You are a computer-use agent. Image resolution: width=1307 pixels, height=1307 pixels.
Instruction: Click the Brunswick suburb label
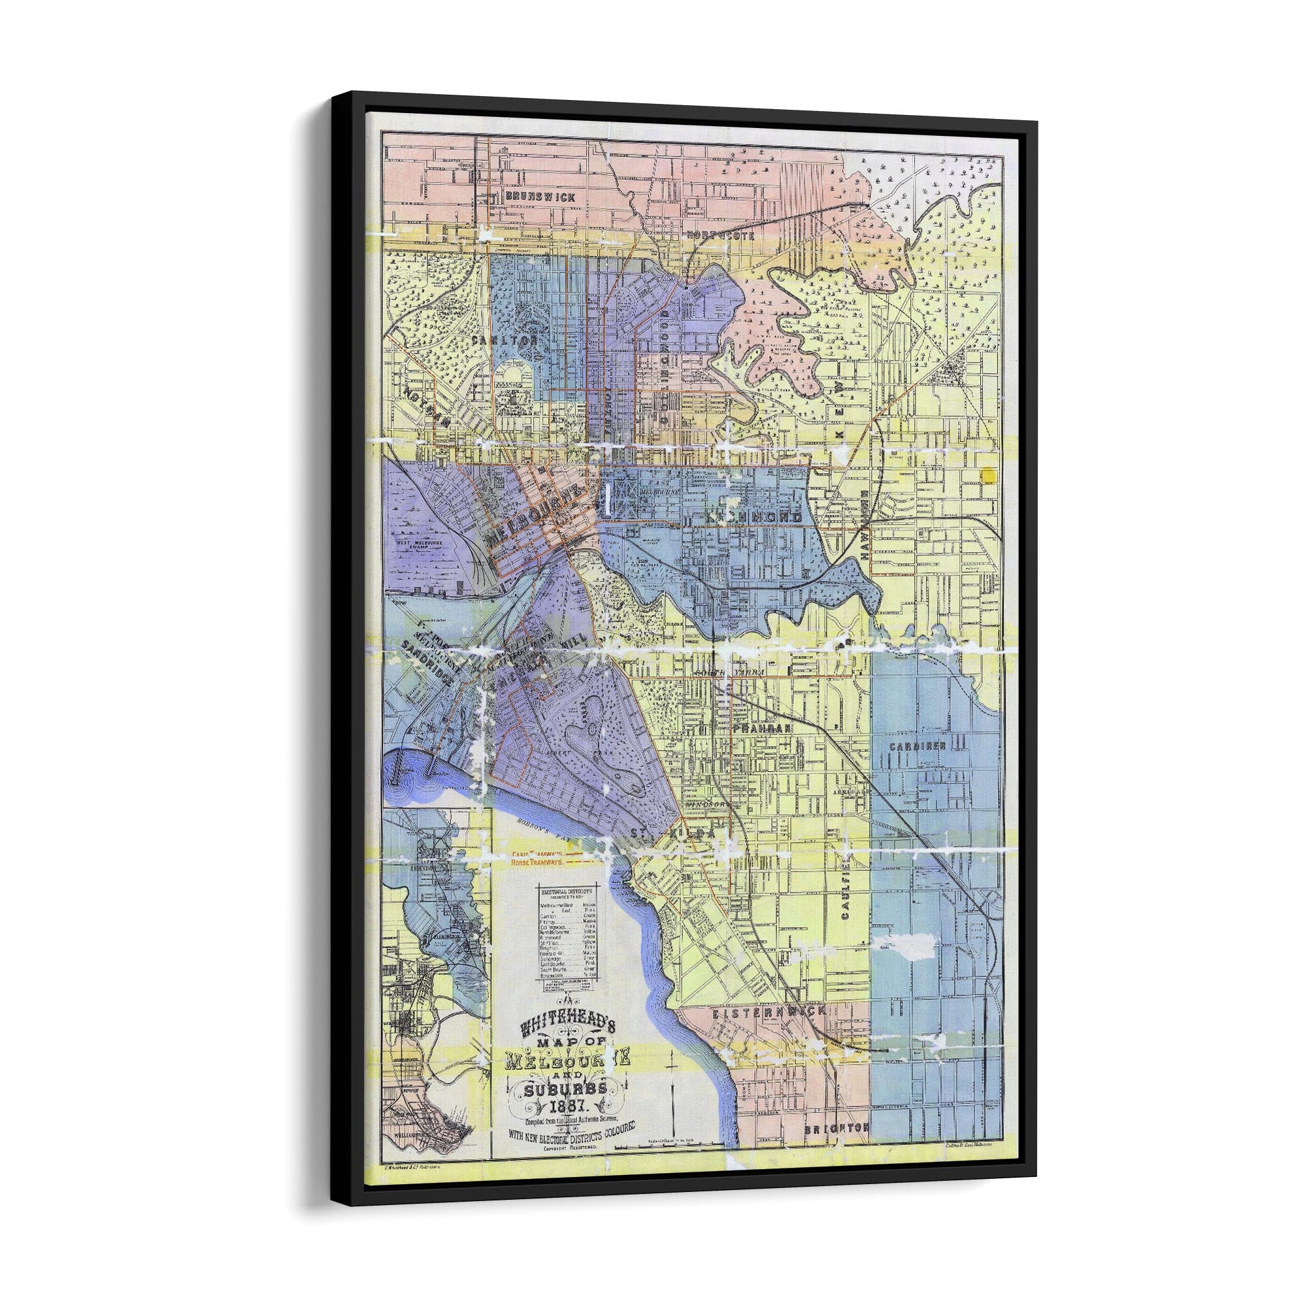point(540,197)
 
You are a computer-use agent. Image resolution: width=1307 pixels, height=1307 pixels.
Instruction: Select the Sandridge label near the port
point(425,661)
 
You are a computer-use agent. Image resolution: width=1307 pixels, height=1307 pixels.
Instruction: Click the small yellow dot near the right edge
point(988,475)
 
